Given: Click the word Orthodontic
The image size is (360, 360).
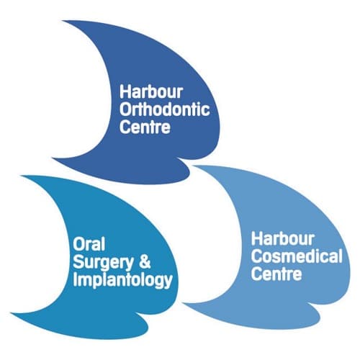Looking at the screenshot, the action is pyautogui.click(x=165, y=109).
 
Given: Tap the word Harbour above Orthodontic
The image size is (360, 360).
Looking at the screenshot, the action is pyautogui.click(x=151, y=91).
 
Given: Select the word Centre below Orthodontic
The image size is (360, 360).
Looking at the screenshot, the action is pyautogui.click(x=145, y=127).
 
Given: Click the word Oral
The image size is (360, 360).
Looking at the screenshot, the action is pyautogui.click(x=89, y=244).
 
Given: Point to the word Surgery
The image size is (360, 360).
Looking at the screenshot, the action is pyautogui.click(x=103, y=263).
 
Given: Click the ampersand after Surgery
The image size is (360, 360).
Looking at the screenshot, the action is pyautogui.click(x=145, y=262).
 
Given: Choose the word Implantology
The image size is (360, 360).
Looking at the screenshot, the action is pyautogui.click(x=122, y=281).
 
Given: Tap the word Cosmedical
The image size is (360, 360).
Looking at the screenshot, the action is pyautogui.click(x=297, y=256).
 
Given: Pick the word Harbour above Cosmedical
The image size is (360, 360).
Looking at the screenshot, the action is pyautogui.click(x=283, y=238).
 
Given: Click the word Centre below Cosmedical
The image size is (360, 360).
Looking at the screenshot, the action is pyautogui.click(x=276, y=274).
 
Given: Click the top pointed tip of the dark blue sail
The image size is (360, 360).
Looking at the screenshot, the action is pyautogui.click(x=63, y=21).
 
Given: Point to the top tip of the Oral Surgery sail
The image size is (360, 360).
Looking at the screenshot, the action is pyautogui.click(x=22, y=176).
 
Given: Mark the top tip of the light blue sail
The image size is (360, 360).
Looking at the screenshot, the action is pyautogui.click(x=192, y=166).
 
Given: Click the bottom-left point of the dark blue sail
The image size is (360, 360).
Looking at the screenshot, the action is pyautogui.click(x=52, y=158).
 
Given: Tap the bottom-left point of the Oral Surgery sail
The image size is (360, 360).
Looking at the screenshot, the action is pyautogui.click(x=11, y=313).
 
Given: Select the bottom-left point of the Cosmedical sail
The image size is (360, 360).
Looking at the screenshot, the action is pyautogui.click(x=183, y=303).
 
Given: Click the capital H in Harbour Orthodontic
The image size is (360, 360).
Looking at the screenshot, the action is pyautogui.click(x=125, y=91).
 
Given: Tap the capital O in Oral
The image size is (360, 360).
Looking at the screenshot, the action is pyautogui.click(x=78, y=245).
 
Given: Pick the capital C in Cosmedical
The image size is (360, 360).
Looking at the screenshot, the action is pyautogui.click(x=256, y=256).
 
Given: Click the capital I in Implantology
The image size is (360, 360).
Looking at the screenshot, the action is pyautogui.click(x=75, y=279).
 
